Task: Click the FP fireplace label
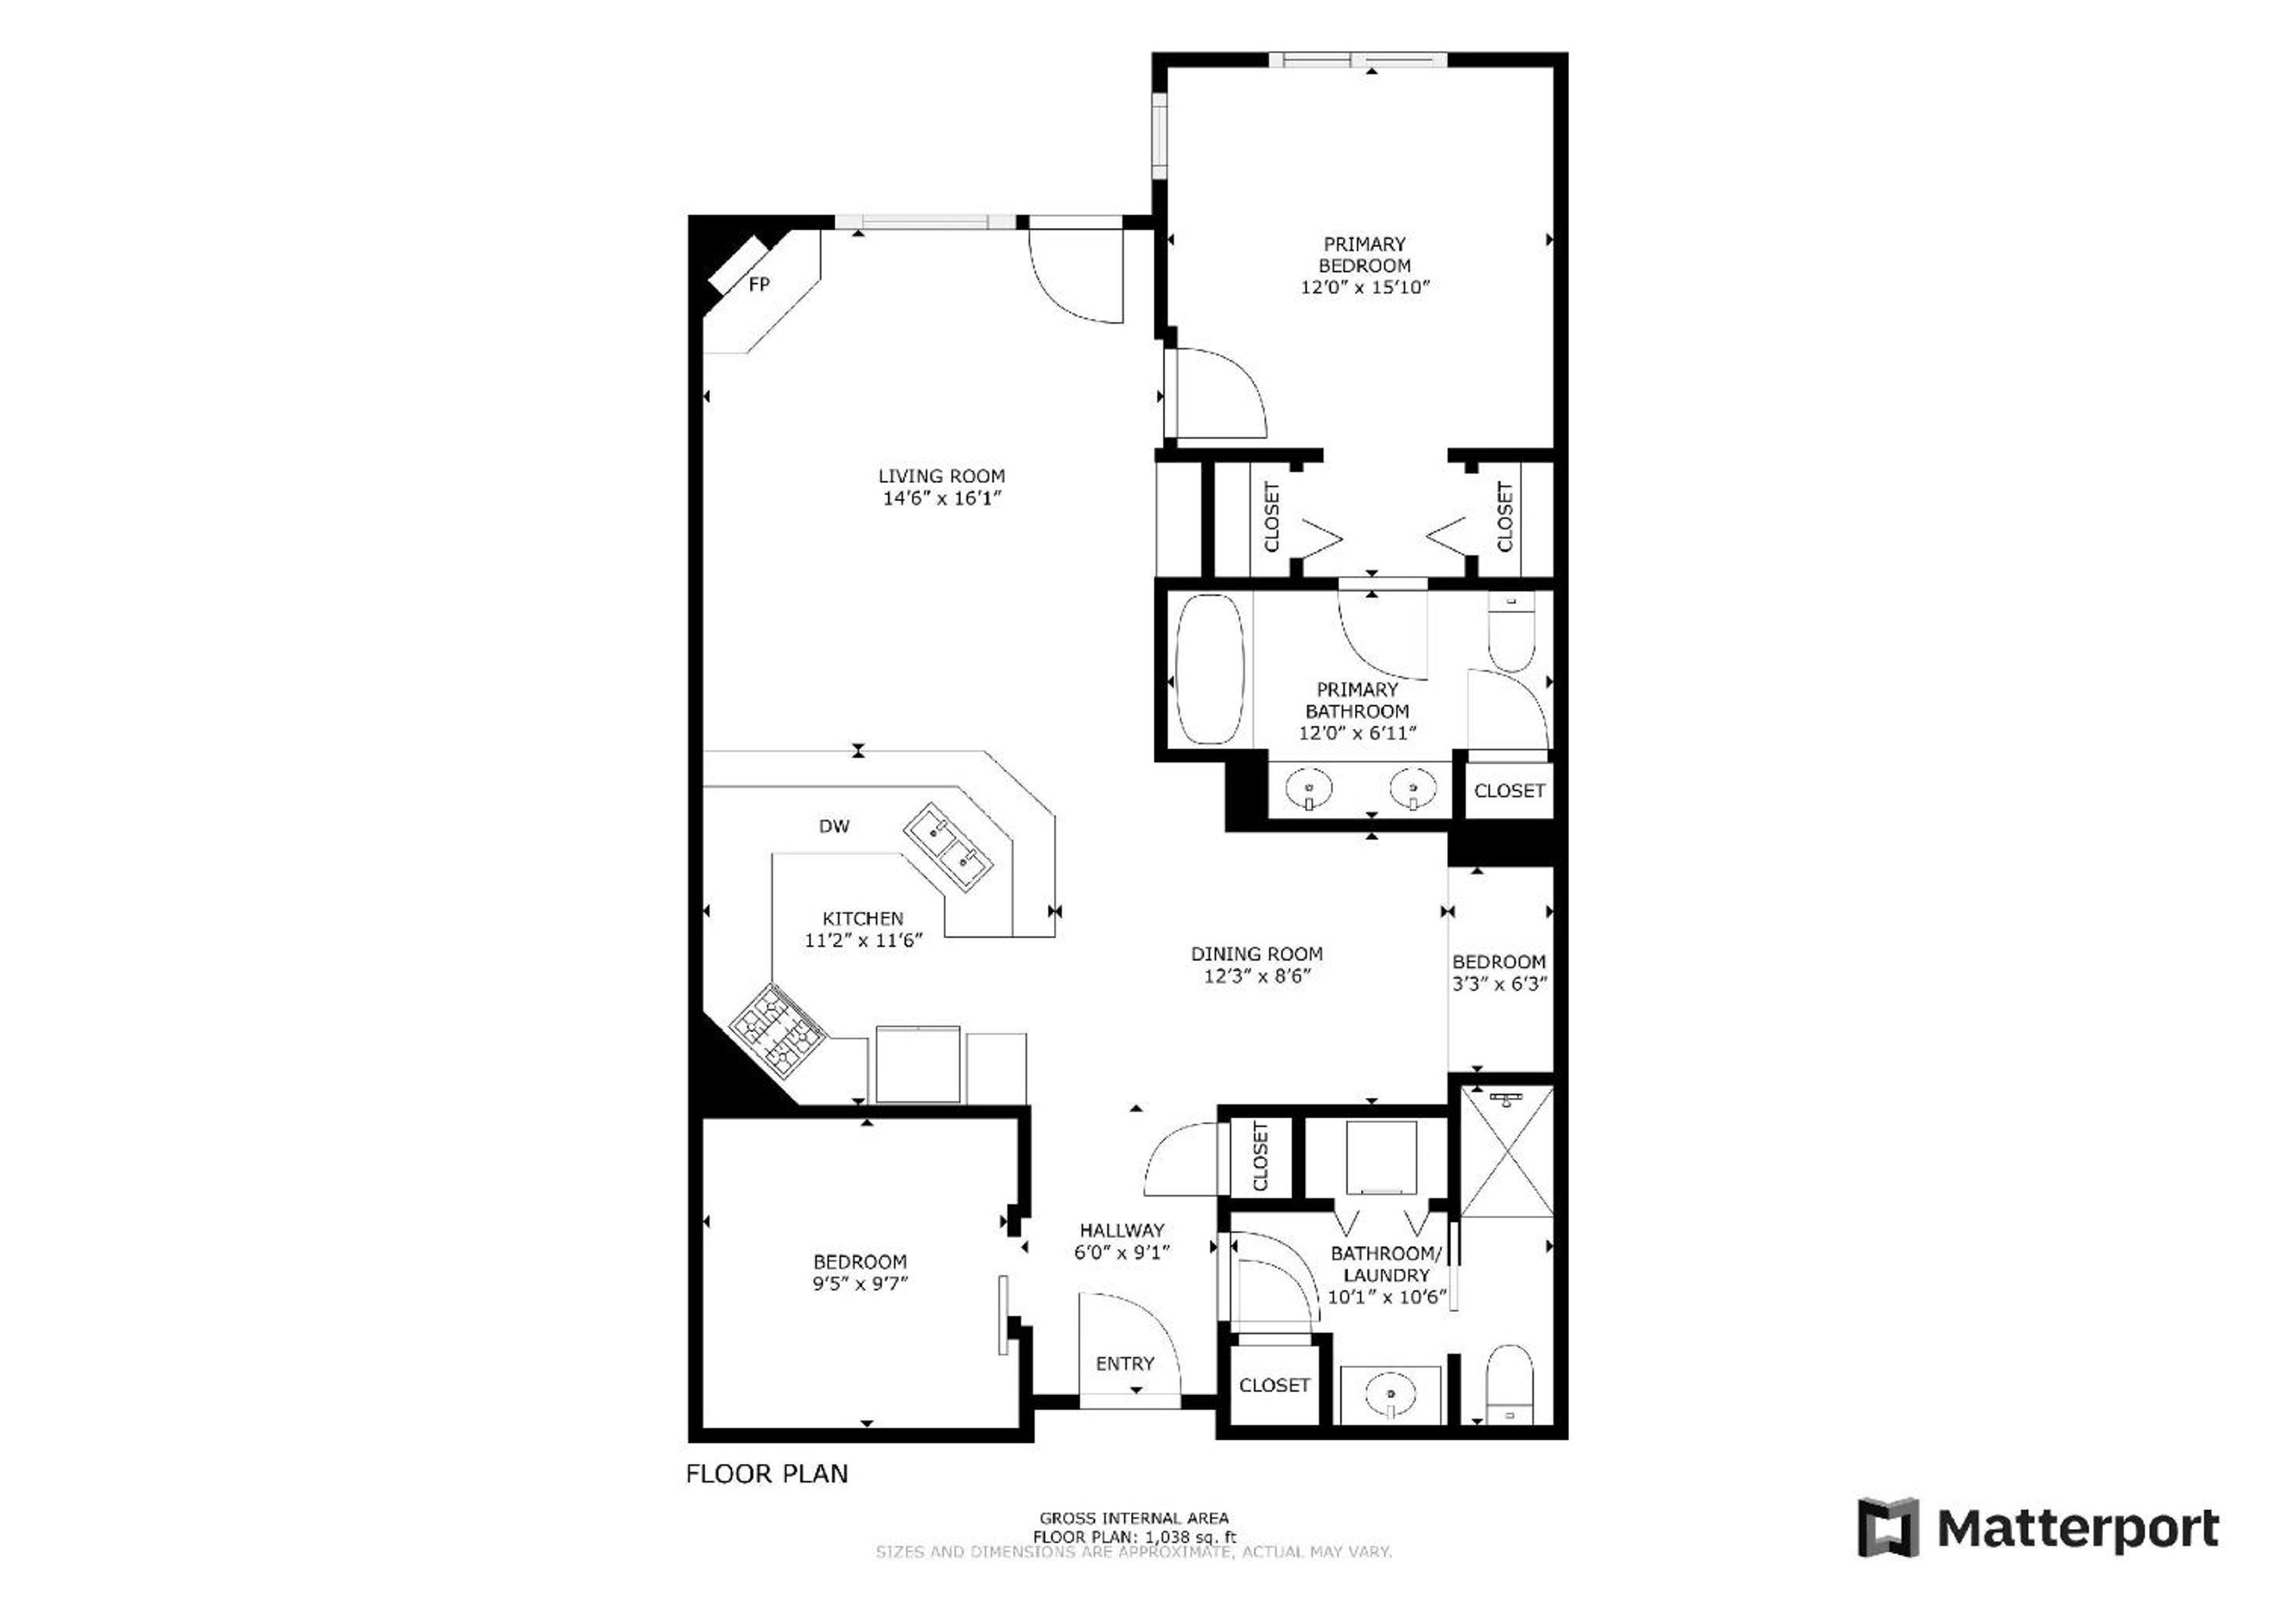[759, 284]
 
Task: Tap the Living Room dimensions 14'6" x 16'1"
[942, 498]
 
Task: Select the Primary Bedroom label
[1364, 255]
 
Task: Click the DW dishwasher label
[834, 826]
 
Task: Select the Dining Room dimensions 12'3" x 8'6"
[1256, 976]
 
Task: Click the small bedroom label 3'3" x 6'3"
[1499, 984]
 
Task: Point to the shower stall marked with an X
[1506, 1150]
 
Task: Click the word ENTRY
[1125, 1364]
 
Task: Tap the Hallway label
[1122, 1230]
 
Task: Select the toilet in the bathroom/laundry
[1509, 1384]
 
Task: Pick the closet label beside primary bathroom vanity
[1509, 791]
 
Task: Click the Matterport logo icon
[1887, 1528]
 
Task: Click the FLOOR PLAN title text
[767, 1473]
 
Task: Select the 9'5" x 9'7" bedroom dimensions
[860, 1284]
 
